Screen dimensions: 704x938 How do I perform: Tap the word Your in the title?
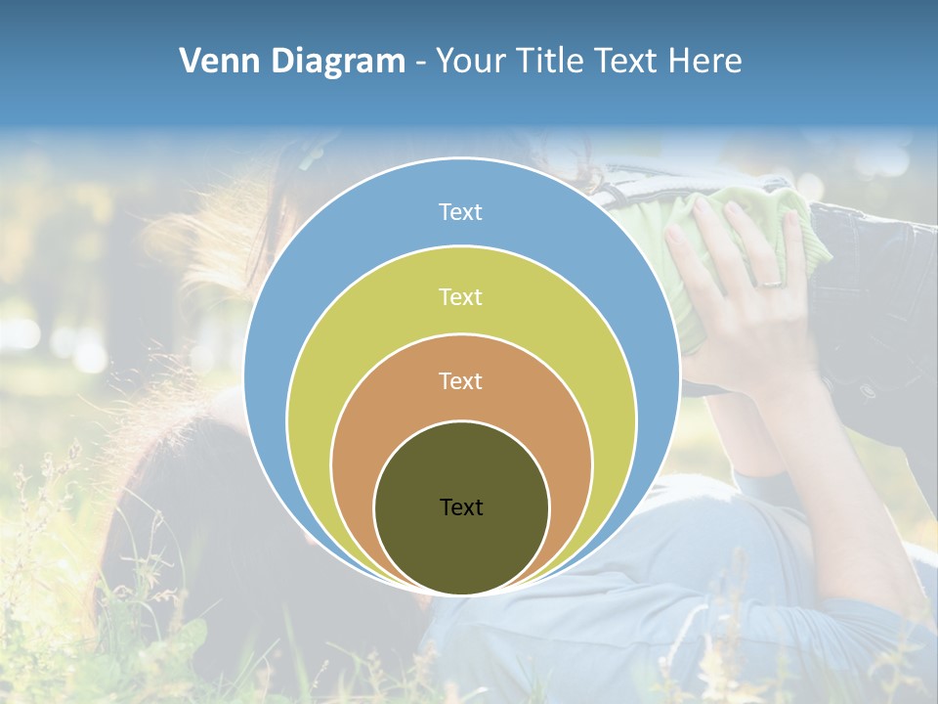(471, 62)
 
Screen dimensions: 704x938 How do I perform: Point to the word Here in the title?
(704, 62)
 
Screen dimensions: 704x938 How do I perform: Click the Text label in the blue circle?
(461, 212)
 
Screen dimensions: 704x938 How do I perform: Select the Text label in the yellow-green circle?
(461, 296)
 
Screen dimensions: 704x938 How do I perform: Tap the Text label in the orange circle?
(461, 381)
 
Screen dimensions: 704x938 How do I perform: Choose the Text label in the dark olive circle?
(461, 506)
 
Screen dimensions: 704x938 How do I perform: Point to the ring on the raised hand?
(770, 283)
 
